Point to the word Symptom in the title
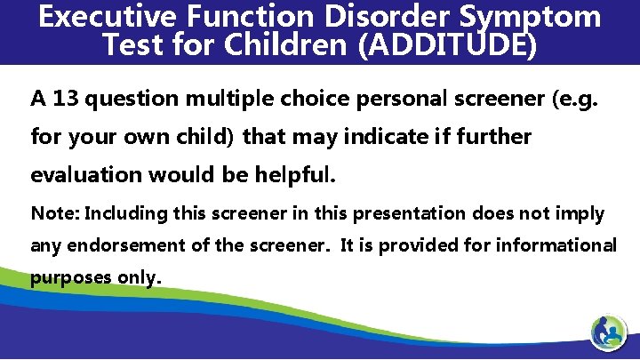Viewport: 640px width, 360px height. point(530,18)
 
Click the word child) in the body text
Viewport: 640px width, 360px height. point(206,136)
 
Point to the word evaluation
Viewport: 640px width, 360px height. point(88,174)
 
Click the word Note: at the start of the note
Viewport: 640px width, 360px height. point(55,213)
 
